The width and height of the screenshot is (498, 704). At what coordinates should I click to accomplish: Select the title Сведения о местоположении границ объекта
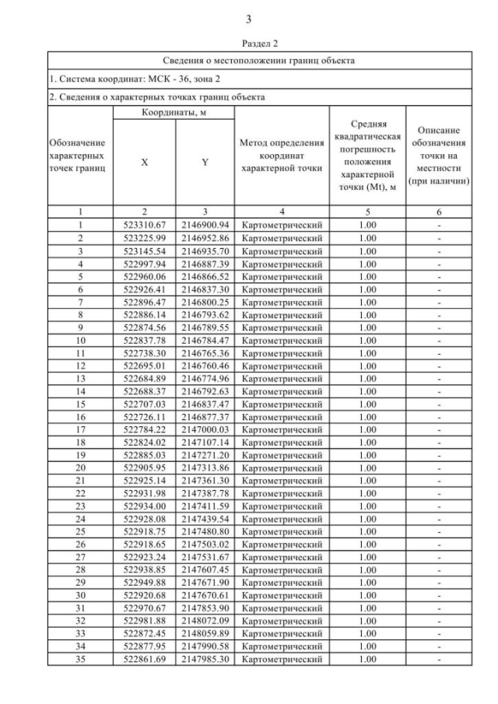tap(259, 60)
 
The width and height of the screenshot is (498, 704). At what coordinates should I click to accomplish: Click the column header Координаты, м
tap(174, 113)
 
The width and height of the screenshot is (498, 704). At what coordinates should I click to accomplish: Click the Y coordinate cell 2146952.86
tap(204, 237)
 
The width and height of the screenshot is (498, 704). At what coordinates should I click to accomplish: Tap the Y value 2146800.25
tap(204, 302)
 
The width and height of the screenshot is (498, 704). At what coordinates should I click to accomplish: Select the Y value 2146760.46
tap(204, 366)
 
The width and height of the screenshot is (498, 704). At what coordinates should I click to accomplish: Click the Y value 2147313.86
tap(204, 468)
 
